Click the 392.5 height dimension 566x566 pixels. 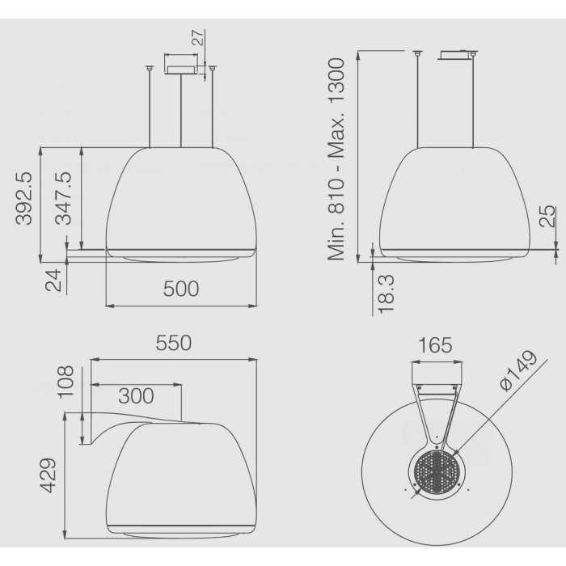click(x=23, y=199)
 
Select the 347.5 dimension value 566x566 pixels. click(x=64, y=199)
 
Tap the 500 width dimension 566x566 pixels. click(x=181, y=289)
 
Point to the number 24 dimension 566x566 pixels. click(x=53, y=281)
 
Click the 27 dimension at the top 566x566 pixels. click(x=198, y=37)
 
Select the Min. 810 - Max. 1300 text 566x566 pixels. click(x=336, y=158)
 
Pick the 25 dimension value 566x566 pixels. click(x=547, y=216)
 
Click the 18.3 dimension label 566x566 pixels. click(x=386, y=294)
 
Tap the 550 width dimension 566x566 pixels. click(x=174, y=344)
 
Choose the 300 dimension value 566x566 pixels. click(x=136, y=396)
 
